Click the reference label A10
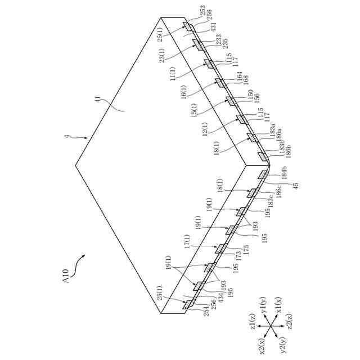coord(65,277)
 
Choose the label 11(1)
coord(173,74)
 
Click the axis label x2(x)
coord(261,345)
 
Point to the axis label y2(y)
coord(285,345)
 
